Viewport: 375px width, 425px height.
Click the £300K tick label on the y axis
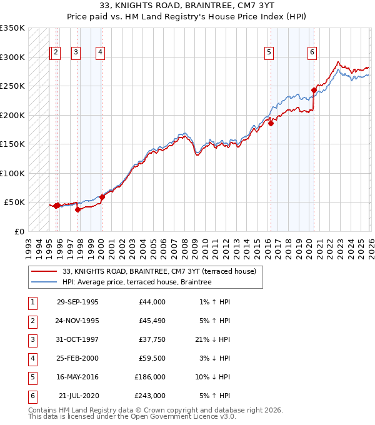click(x=12, y=57)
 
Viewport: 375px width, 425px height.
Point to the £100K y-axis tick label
click(x=12, y=173)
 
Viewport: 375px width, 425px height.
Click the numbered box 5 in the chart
click(x=269, y=53)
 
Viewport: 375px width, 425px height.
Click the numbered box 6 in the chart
click(x=311, y=53)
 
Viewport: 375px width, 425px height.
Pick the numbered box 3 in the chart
click(x=76, y=53)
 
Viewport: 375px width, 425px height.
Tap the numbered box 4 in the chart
click(x=100, y=53)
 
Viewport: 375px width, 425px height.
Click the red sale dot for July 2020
click(x=314, y=90)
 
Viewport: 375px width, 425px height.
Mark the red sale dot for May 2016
click(x=271, y=123)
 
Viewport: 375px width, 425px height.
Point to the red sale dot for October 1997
click(x=78, y=209)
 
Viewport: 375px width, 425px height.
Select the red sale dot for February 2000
click(x=102, y=197)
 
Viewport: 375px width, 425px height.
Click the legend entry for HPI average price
click(x=137, y=282)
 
